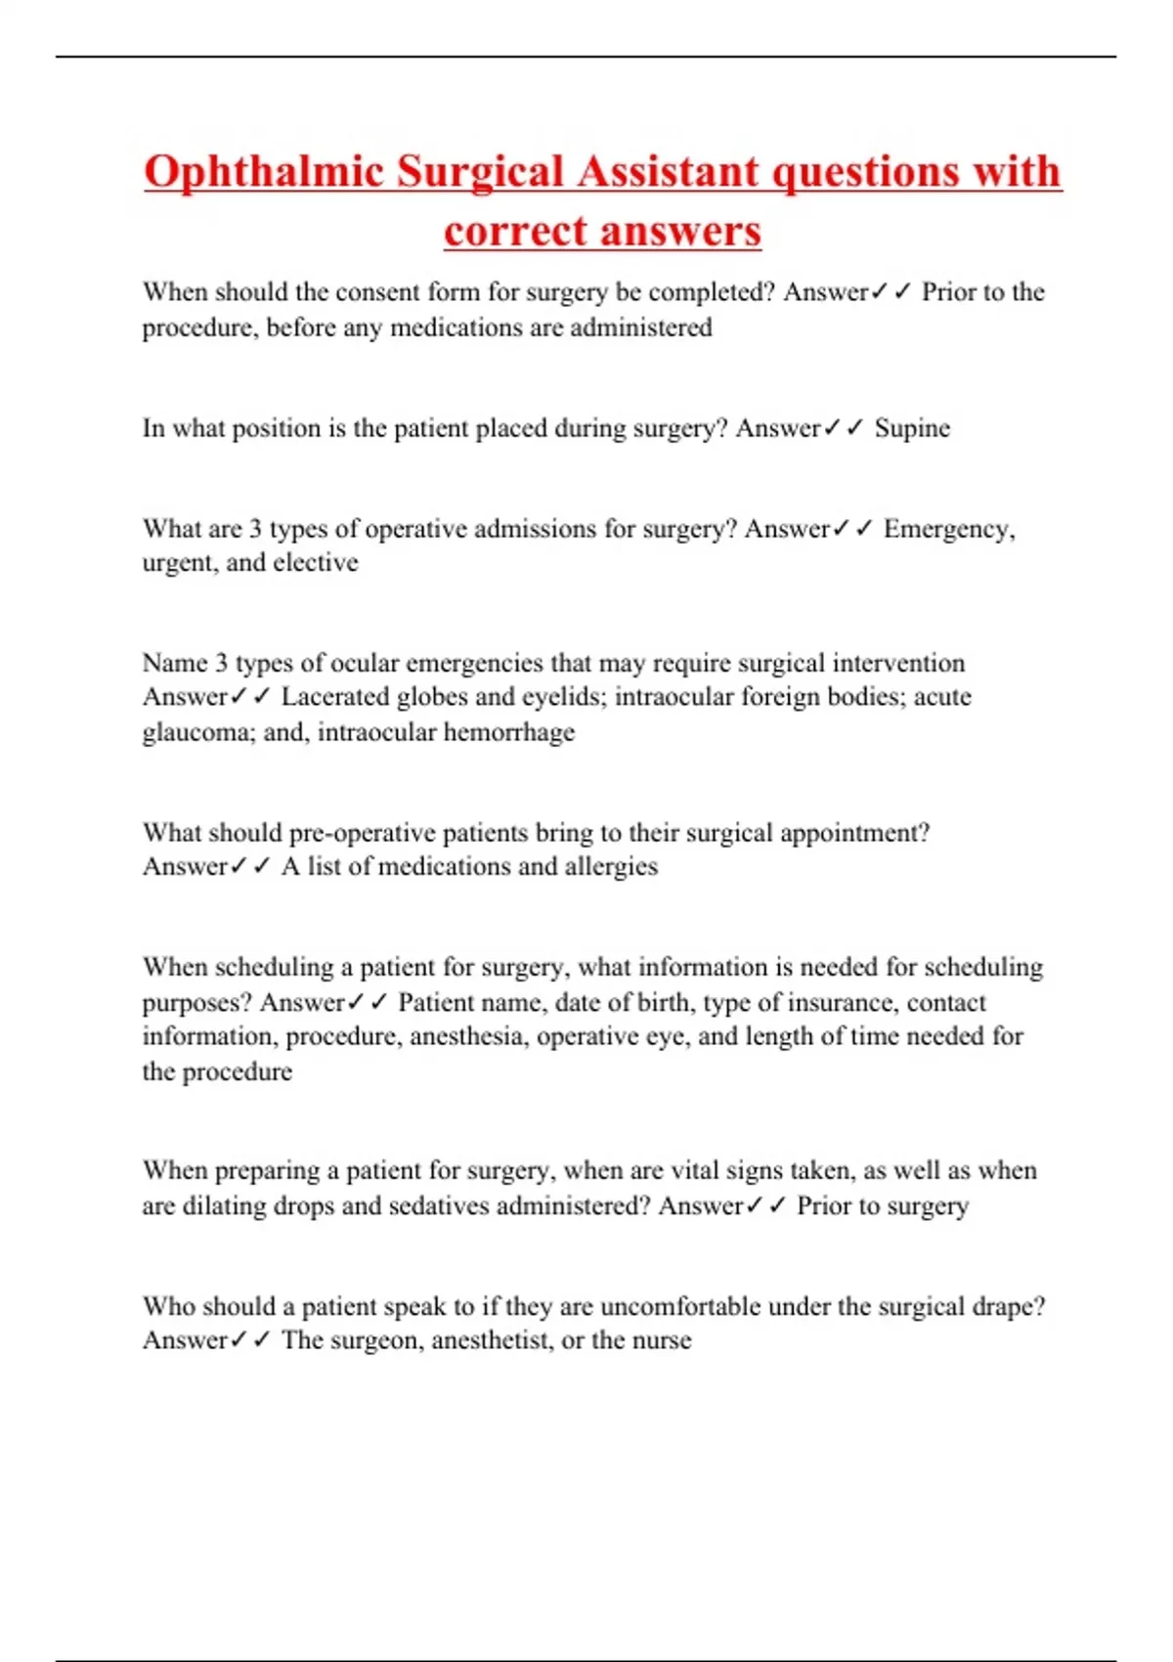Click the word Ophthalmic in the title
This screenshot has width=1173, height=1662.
click(x=263, y=172)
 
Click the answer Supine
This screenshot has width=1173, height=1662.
click(x=912, y=428)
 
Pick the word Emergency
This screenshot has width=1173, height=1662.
click(x=946, y=529)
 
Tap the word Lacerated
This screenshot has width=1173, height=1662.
click(x=335, y=697)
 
